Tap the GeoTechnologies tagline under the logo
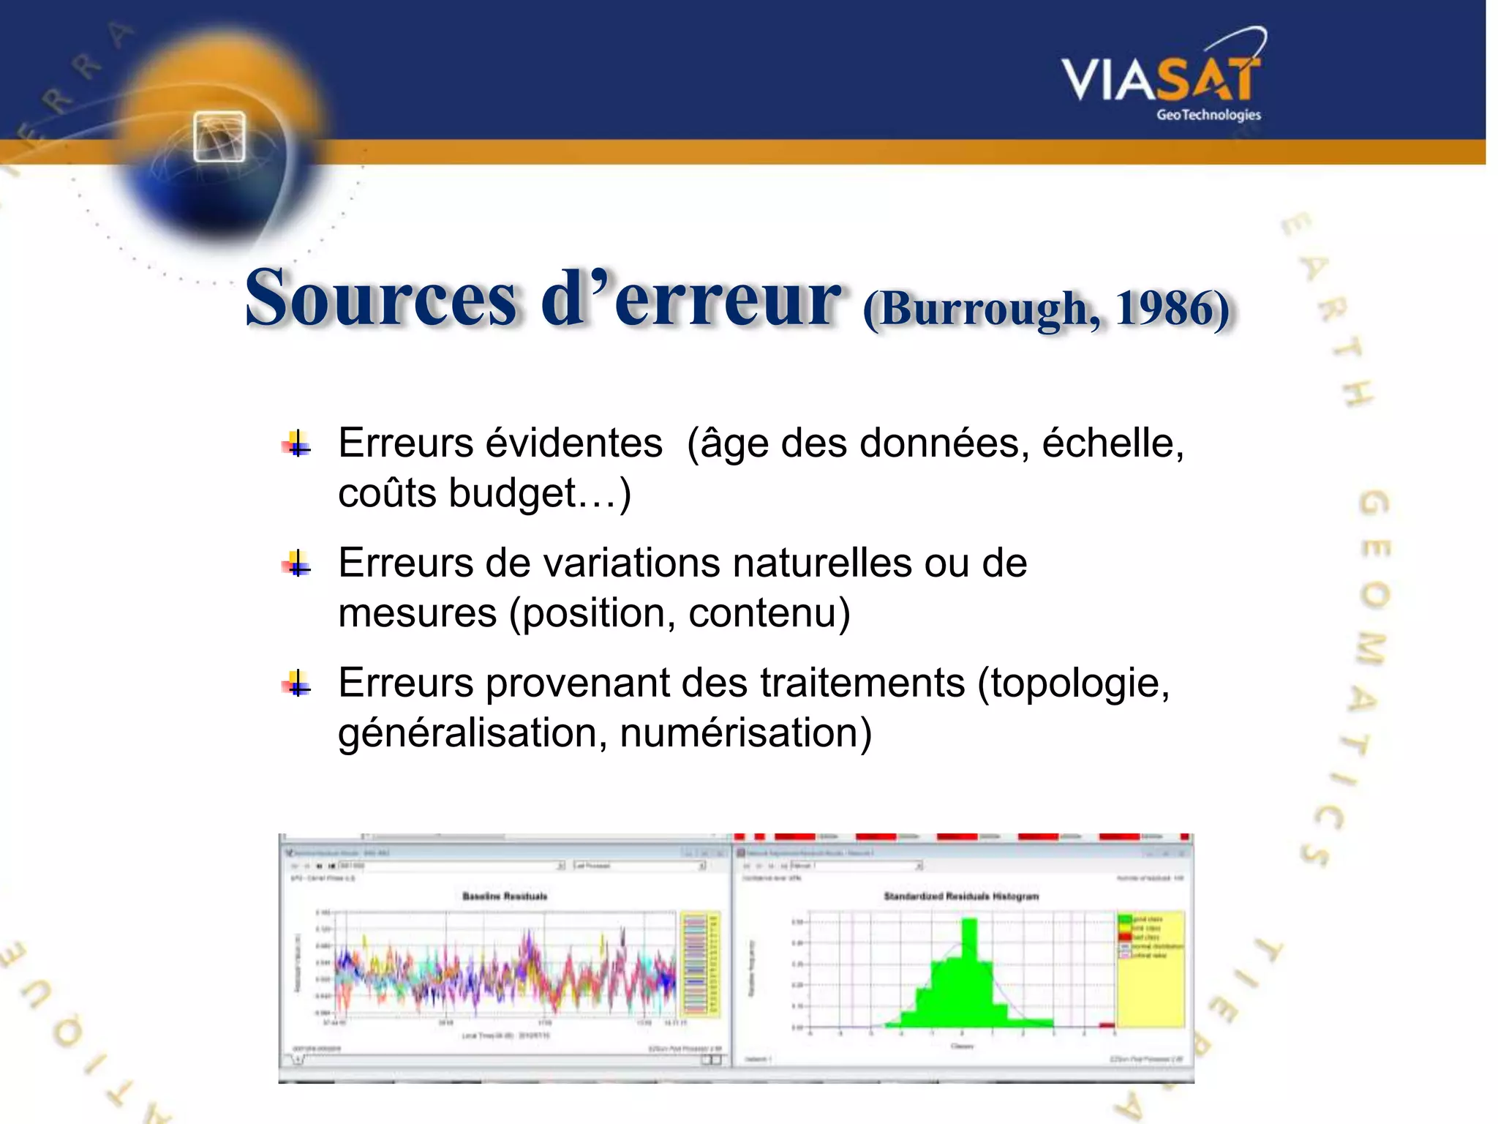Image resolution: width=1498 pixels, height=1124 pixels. point(1208,115)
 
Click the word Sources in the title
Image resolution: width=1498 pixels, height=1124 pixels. point(380,299)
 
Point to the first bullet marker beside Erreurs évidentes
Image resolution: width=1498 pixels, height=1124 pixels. point(296,444)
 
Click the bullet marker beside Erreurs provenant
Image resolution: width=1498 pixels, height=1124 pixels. point(296,684)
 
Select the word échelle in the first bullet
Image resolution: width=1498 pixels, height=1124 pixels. point(1108,443)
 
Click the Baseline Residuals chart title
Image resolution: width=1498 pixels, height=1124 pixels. point(505,896)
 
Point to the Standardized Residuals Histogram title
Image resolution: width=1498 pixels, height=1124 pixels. point(961,896)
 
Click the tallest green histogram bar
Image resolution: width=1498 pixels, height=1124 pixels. point(968,973)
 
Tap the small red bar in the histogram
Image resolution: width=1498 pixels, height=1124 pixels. point(1107,1024)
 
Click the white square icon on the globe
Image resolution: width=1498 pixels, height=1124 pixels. point(219,137)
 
